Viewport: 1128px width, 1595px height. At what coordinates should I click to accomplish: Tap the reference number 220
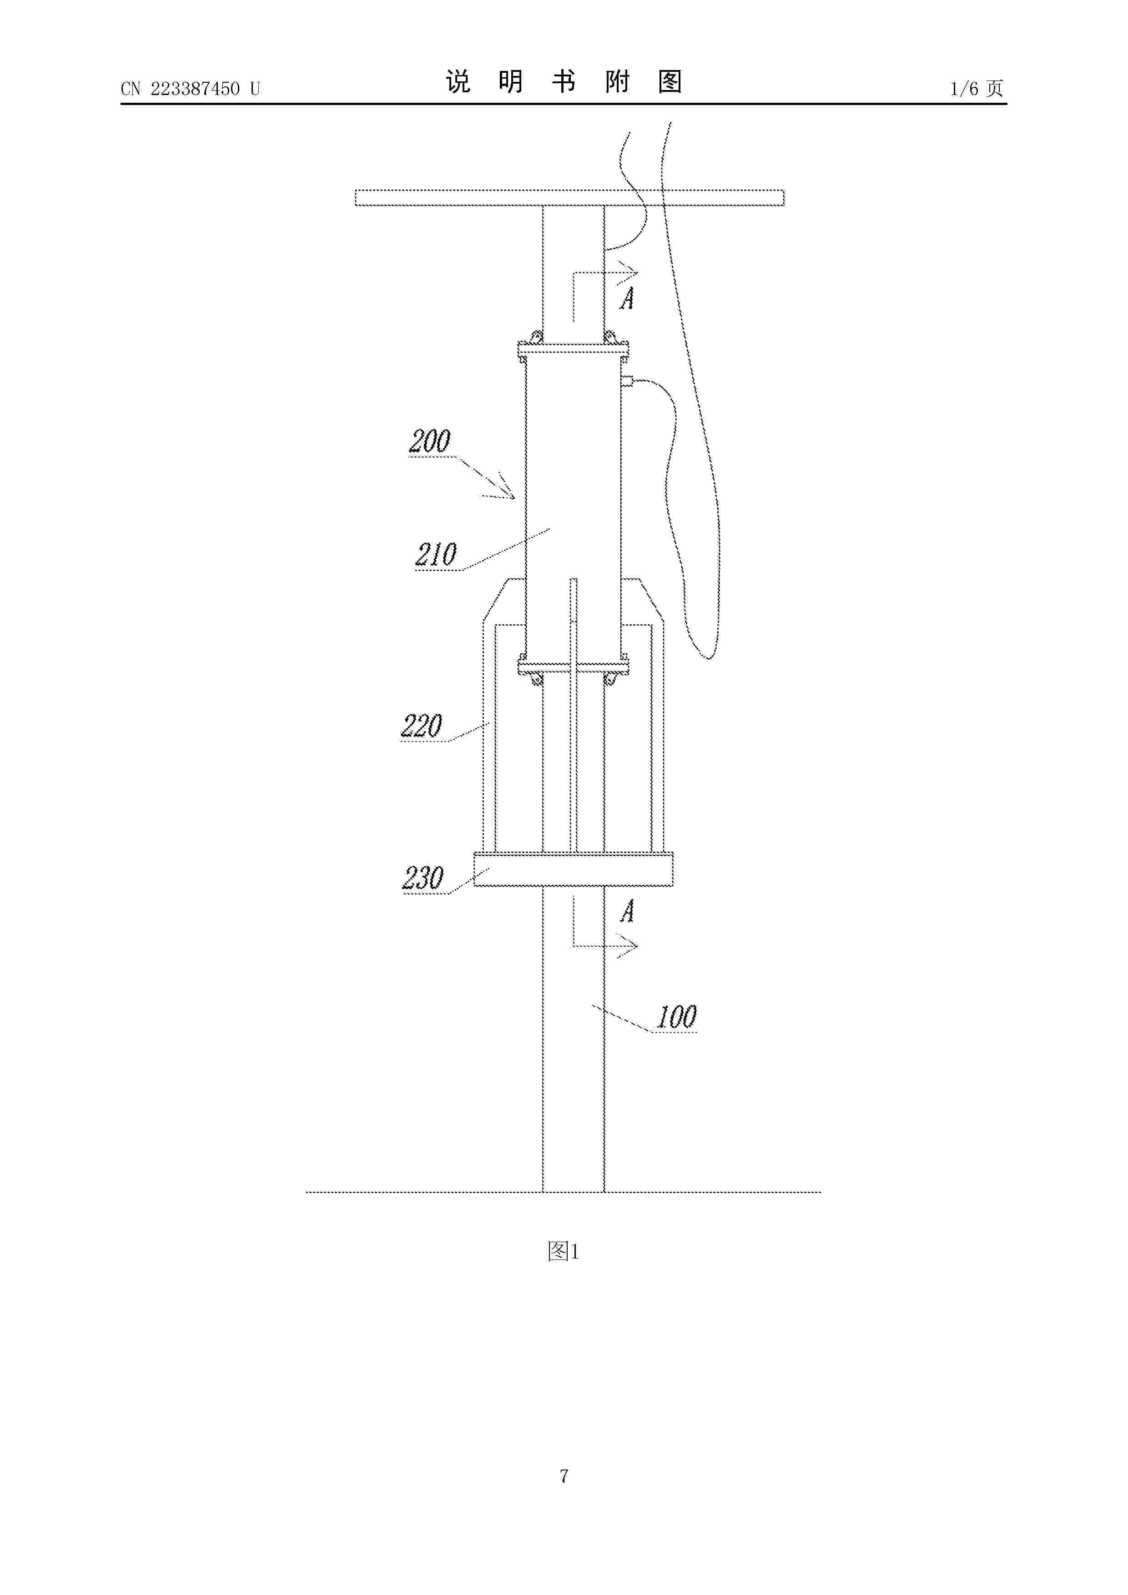(421, 726)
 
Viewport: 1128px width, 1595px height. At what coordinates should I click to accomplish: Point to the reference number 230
(423, 878)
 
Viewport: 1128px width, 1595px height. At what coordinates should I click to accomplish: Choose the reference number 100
(676, 1017)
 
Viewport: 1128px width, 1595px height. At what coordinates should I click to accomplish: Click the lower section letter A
(627, 911)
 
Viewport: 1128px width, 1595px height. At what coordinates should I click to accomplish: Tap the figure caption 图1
(563, 1251)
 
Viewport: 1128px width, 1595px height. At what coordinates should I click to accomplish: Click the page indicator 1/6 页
(977, 88)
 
